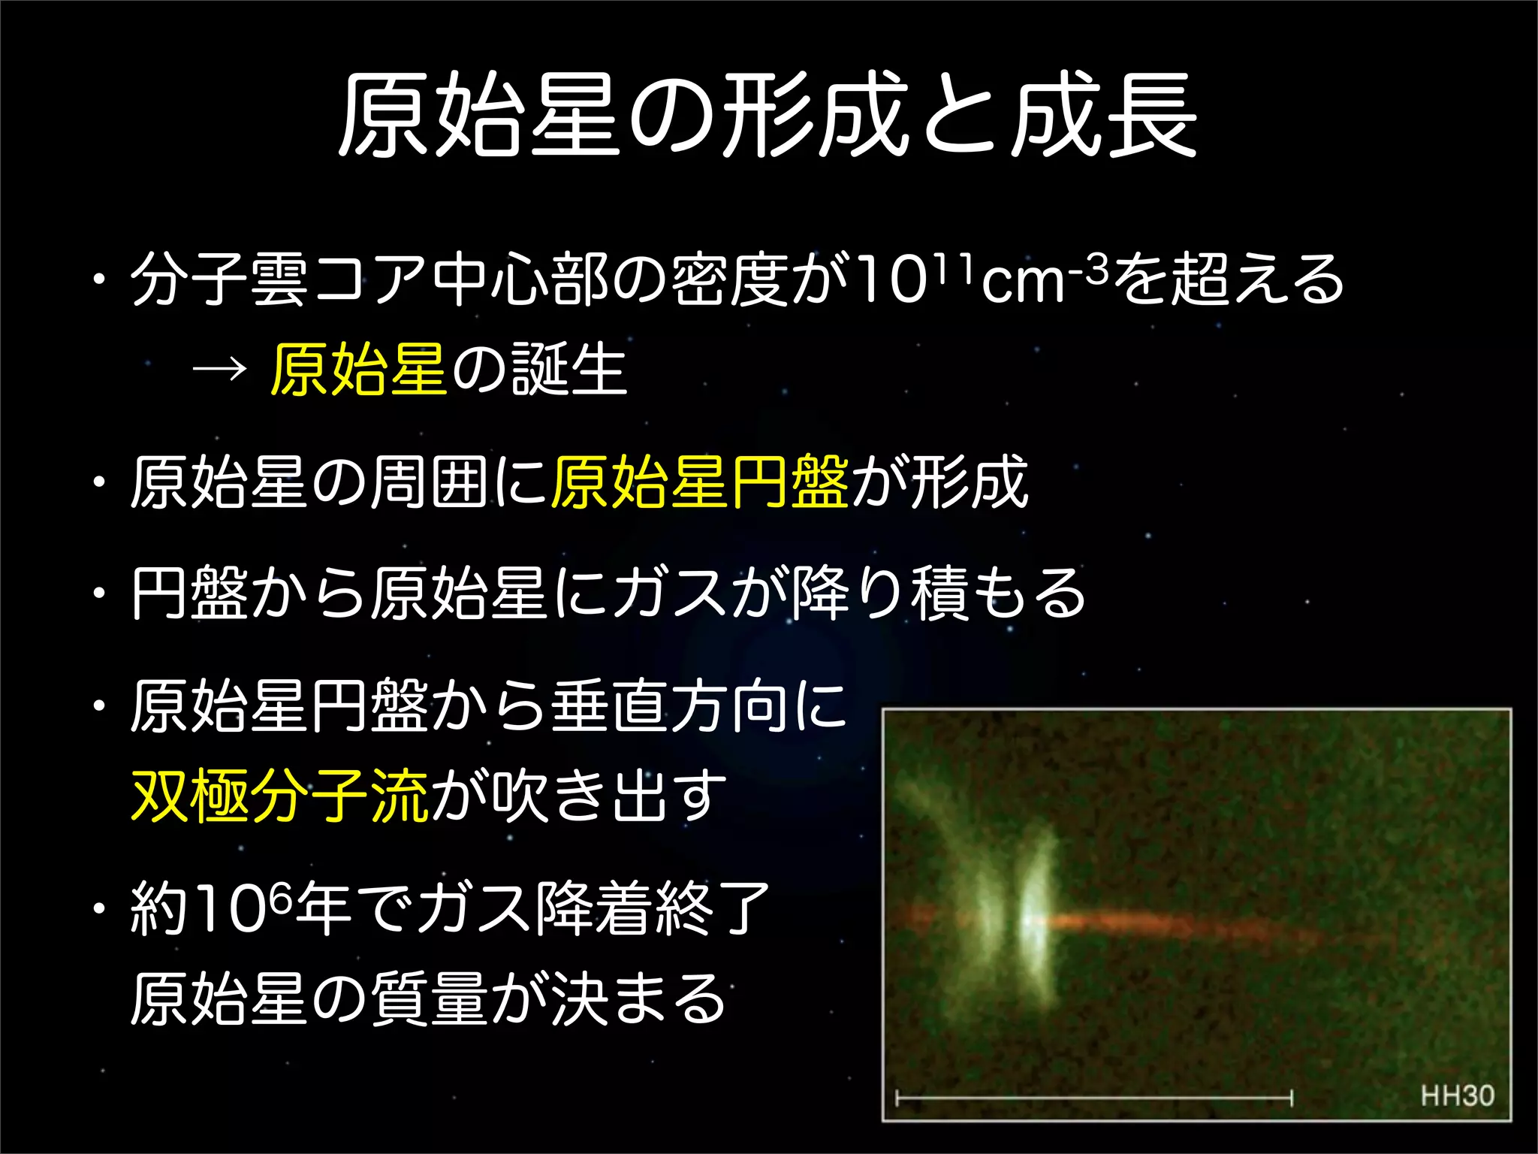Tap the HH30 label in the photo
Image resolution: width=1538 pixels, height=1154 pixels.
click(1457, 1095)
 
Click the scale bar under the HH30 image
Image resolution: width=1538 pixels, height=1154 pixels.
click(1093, 1098)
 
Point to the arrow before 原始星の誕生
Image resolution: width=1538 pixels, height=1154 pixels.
click(219, 369)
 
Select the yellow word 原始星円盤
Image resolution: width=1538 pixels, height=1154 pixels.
click(700, 482)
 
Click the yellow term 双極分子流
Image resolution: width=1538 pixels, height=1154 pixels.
click(279, 796)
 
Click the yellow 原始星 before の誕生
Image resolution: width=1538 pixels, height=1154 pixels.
click(359, 369)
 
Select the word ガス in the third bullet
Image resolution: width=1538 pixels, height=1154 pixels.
click(670, 594)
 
